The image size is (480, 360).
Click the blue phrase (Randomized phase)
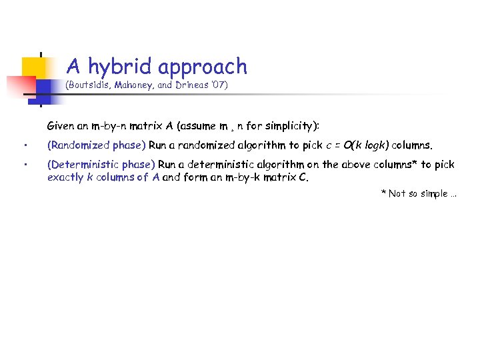(96, 145)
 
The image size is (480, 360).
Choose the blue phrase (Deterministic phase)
(101, 164)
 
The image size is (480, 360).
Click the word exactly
(65, 177)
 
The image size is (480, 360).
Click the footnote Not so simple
(418, 193)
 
